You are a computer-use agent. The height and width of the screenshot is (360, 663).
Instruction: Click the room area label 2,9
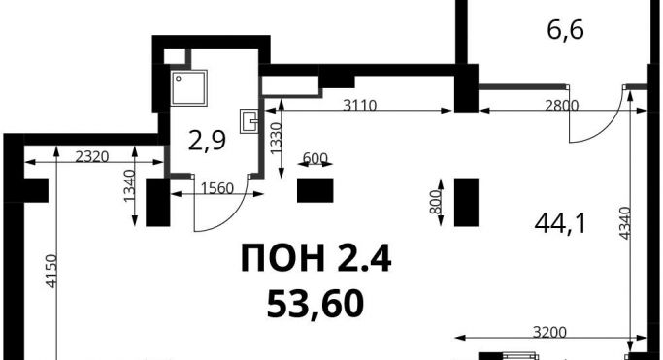pos(207,141)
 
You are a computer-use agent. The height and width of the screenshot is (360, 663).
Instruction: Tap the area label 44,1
pos(561,223)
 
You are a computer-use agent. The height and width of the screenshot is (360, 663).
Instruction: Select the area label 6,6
pos(565,30)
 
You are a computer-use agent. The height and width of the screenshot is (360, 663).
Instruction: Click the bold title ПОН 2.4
pos(315,258)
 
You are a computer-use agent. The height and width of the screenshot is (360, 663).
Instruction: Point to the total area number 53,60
pos(315,305)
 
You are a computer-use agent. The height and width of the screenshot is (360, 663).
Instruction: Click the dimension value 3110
pos(359,105)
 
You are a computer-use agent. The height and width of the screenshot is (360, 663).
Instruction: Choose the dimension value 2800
pos(561,105)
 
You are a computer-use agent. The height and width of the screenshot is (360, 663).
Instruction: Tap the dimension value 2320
pos(92,157)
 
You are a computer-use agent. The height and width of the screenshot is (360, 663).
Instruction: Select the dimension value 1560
pos(216,188)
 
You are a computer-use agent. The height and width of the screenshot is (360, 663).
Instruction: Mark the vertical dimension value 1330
pos(276,138)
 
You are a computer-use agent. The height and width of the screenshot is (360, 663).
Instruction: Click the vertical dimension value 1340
pos(129,186)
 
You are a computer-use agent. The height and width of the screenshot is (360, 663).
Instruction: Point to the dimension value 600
pos(315,158)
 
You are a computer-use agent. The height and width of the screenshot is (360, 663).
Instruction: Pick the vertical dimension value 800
pos(435,202)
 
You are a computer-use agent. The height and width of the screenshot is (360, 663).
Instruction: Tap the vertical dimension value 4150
pos(51,272)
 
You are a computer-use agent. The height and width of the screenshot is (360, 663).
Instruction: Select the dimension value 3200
pos(549,333)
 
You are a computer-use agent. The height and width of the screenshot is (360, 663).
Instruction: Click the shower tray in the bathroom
pos(189,88)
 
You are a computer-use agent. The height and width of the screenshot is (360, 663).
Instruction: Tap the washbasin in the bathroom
pos(249,121)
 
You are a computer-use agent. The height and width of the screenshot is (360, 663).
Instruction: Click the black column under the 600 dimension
pos(315,190)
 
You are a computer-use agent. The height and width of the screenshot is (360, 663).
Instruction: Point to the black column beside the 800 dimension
pos(466,203)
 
